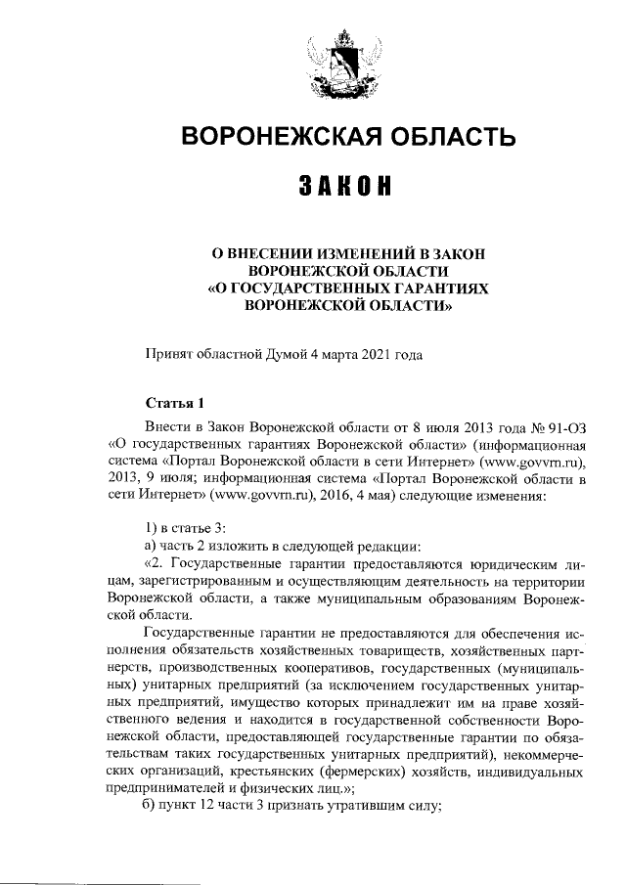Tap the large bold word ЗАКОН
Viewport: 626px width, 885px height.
347,187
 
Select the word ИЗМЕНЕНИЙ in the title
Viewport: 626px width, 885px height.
354,253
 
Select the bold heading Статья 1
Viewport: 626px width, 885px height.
173,402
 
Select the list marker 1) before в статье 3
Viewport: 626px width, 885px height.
150,528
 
